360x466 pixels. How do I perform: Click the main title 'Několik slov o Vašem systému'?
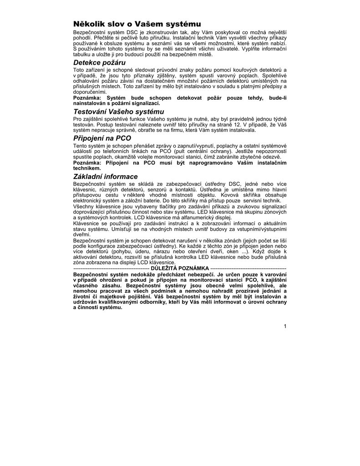tap(137, 24)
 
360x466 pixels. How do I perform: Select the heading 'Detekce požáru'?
tap(100, 62)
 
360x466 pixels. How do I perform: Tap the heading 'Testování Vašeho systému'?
tap(118, 111)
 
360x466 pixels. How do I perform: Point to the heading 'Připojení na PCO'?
tap(102, 138)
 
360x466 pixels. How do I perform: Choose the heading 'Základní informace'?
tap(106, 176)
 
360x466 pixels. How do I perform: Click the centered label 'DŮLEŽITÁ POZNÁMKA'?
tap(180, 268)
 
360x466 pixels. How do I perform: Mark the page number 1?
tap(284, 325)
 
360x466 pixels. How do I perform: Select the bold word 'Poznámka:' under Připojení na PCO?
tap(88, 162)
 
